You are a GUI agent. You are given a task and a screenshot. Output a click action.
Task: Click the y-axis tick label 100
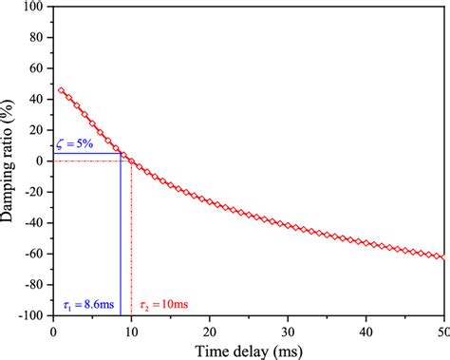click(33, 7)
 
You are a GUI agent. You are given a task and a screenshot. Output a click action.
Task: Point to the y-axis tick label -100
click(31, 314)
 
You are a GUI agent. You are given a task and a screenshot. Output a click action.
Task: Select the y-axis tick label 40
click(37, 99)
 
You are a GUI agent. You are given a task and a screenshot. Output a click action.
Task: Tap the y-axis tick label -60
click(34, 254)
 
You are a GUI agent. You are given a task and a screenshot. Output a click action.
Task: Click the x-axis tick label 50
click(441, 329)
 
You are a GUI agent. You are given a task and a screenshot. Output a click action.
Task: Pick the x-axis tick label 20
click(209, 329)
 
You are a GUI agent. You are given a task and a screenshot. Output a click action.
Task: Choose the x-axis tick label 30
click(288, 329)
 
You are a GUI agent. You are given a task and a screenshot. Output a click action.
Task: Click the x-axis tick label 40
click(366, 329)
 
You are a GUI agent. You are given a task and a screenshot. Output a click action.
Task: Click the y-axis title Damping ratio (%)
click(9, 161)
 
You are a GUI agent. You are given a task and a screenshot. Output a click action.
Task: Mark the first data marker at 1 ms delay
click(61, 90)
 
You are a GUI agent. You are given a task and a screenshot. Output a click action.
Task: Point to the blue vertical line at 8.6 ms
click(120, 237)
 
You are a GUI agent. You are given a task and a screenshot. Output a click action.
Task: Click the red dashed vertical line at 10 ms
click(131, 237)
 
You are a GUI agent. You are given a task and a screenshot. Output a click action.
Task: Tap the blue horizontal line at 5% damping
click(85, 153)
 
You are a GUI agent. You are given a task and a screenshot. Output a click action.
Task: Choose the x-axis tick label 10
click(131, 329)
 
